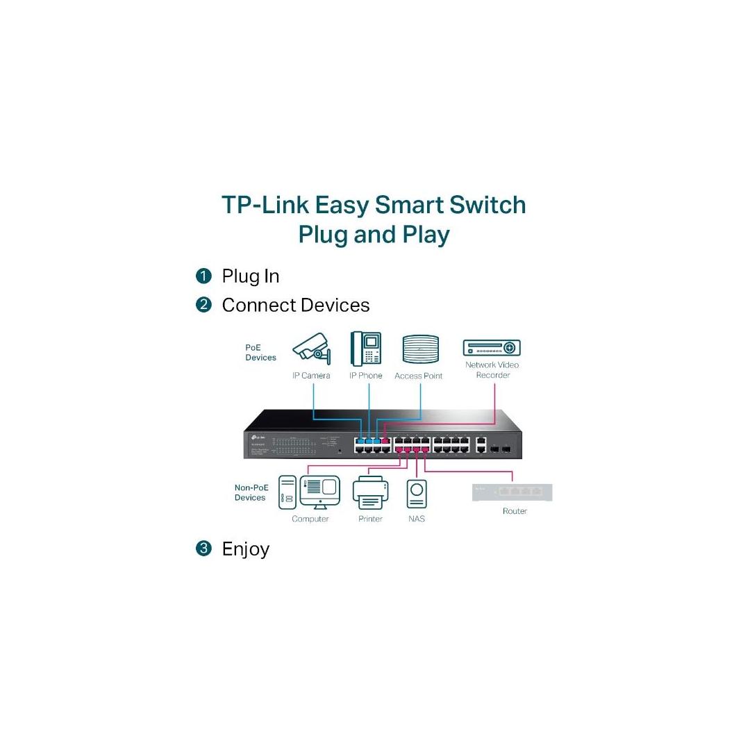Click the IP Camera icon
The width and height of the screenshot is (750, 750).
311,349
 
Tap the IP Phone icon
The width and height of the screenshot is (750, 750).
365,349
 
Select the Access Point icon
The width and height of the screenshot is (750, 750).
421,349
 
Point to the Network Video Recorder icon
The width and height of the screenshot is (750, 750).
492,348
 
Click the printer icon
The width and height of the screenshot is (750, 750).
370,492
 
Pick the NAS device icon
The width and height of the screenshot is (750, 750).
417,493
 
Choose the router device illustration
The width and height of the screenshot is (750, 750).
512,492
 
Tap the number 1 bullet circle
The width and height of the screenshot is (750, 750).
203,276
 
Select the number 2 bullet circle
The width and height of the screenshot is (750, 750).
203,306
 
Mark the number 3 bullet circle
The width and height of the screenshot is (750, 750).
203,549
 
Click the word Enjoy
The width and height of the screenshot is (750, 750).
245,549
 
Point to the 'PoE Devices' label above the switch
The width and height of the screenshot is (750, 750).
261,353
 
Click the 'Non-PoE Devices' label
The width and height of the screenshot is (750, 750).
250,492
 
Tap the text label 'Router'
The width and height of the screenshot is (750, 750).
515,511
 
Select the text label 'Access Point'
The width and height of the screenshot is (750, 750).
418,376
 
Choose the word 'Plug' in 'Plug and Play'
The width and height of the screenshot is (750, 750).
323,235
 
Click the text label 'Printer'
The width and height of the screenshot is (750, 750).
370,519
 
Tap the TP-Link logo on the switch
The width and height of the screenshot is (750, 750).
256,437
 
